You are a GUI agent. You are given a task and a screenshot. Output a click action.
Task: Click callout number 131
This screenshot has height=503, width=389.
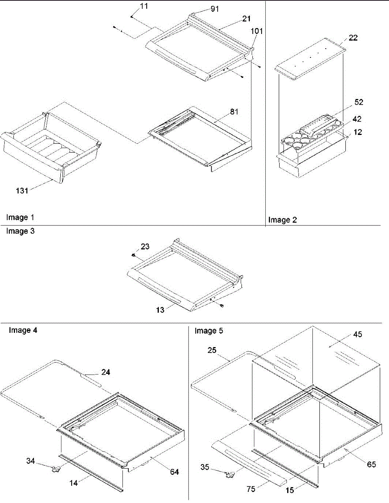22,191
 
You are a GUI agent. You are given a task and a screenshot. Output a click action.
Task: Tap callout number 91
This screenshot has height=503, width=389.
215,9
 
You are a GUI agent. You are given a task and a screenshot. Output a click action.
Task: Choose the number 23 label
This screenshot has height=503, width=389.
145,247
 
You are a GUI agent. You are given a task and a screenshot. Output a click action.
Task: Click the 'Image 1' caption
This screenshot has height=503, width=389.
20,217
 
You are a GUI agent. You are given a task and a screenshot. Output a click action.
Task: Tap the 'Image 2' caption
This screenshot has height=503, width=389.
283,220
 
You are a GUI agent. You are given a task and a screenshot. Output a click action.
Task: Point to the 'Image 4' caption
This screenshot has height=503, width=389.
23,330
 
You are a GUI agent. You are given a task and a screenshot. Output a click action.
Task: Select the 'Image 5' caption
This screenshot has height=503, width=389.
209,331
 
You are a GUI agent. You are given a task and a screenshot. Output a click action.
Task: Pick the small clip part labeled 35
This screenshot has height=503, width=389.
229,475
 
